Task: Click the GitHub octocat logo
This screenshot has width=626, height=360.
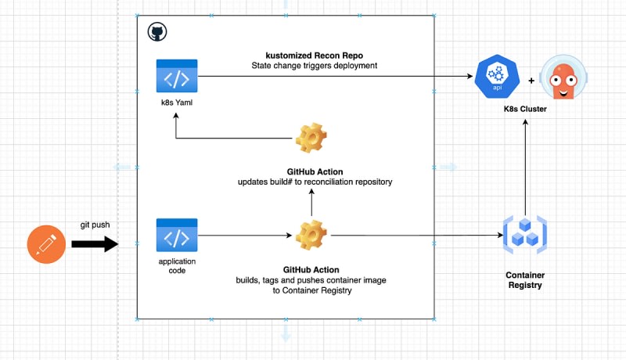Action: pyautogui.click(x=157, y=32)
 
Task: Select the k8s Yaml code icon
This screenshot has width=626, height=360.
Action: pyautogui.click(x=177, y=76)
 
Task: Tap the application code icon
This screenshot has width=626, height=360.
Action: pyautogui.click(x=177, y=235)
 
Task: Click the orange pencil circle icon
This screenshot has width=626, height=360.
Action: pyautogui.click(x=46, y=244)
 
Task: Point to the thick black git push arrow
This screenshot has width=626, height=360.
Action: pyautogui.click(x=95, y=244)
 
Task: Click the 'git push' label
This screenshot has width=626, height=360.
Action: pyautogui.click(x=95, y=225)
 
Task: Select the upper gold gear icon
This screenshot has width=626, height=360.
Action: pyautogui.click(x=311, y=138)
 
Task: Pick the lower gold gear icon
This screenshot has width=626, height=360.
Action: pyautogui.click(x=311, y=235)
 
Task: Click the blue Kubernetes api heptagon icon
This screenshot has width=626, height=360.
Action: pyautogui.click(x=497, y=76)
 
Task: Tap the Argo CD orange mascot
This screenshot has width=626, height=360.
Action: pyautogui.click(x=563, y=77)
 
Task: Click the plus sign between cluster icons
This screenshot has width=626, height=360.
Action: pyautogui.click(x=531, y=81)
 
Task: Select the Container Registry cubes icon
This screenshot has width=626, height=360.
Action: pyautogui.click(x=525, y=235)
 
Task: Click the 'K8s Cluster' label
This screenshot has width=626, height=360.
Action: pyautogui.click(x=525, y=109)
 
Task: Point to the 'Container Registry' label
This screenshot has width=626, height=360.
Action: pyautogui.click(x=525, y=279)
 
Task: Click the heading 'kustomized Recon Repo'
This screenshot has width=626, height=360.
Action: pyautogui.click(x=315, y=56)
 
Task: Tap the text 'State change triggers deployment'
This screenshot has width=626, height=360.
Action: pyautogui.click(x=315, y=66)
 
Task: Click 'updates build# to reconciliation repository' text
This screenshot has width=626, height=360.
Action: pyautogui.click(x=315, y=182)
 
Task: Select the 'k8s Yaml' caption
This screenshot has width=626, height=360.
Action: pyautogui.click(x=177, y=103)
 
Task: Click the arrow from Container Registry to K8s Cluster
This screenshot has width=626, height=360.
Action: pyautogui.click(x=525, y=167)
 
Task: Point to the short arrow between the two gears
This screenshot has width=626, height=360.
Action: pyautogui.click(x=311, y=203)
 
